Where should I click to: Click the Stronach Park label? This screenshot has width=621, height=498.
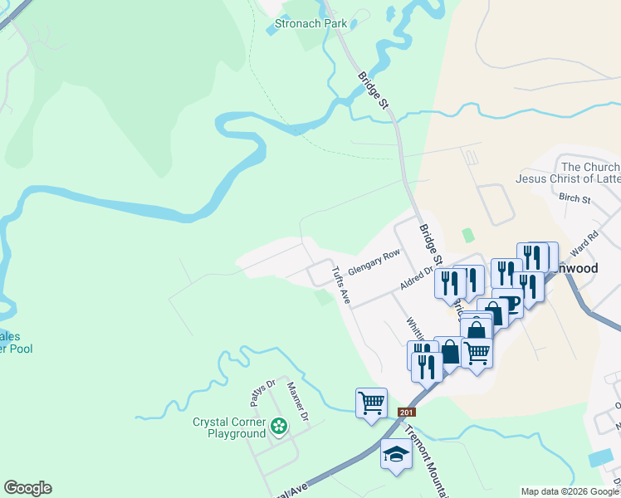click(x=312, y=24)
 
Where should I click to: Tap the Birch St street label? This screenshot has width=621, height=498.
click(x=575, y=199)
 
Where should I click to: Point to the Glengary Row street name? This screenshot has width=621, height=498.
click(x=374, y=262)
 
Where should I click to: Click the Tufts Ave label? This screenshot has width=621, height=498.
click(x=340, y=285)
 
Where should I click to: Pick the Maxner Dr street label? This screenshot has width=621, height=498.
click(x=297, y=400)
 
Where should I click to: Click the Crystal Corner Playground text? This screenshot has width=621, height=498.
click(x=228, y=427)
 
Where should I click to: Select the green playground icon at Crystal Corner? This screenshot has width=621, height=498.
click(x=279, y=427)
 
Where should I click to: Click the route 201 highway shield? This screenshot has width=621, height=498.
click(x=406, y=413)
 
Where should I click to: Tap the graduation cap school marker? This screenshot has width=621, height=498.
click(x=396, y=455)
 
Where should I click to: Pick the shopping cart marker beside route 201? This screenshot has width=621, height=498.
click(x=371, y=403)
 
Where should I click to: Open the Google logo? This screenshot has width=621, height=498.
click(x=27, y=488)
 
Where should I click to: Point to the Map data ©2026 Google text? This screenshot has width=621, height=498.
click(x=568, y=491)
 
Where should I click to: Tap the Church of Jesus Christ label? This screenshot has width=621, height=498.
click(x=568, y=173)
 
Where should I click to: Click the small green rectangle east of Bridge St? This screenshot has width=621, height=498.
click(x=467, y=236)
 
